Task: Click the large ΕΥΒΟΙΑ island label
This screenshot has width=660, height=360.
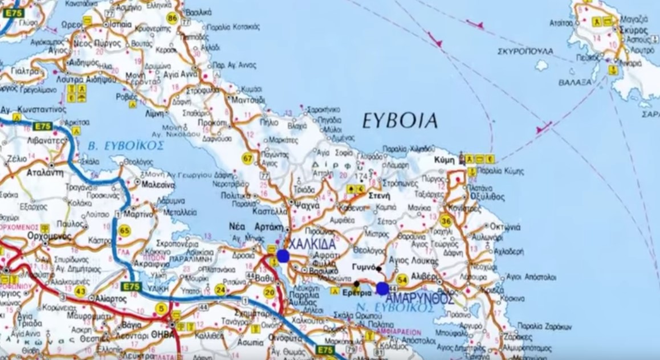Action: click(x=400, y=120)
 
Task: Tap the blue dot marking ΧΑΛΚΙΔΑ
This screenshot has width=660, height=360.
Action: click(x=283, y=256)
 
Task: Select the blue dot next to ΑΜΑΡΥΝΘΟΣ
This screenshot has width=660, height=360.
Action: click(x=382, y=289)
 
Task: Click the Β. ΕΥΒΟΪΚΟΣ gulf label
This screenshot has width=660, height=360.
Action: click(x=127, y=146)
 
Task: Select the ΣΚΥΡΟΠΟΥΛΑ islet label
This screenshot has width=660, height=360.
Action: click(x=525, y=51)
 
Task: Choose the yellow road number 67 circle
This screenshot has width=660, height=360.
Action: click(x=248, y=159)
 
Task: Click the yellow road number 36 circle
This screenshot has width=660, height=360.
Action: click(x=446, y=222)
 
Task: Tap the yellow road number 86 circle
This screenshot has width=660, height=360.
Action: click(x=172, y=18)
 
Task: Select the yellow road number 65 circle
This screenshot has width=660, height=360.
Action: click(x=125, y=230)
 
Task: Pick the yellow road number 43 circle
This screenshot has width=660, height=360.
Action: click(x=80, y=291)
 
